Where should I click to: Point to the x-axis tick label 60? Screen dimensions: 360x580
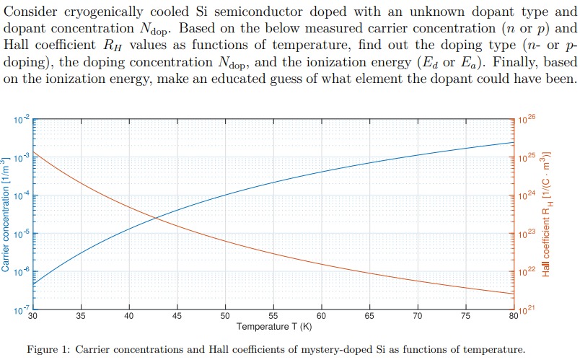point(321,316)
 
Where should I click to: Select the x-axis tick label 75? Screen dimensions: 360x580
point(466,316)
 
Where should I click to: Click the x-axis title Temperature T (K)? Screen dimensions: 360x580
point(273,327)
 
